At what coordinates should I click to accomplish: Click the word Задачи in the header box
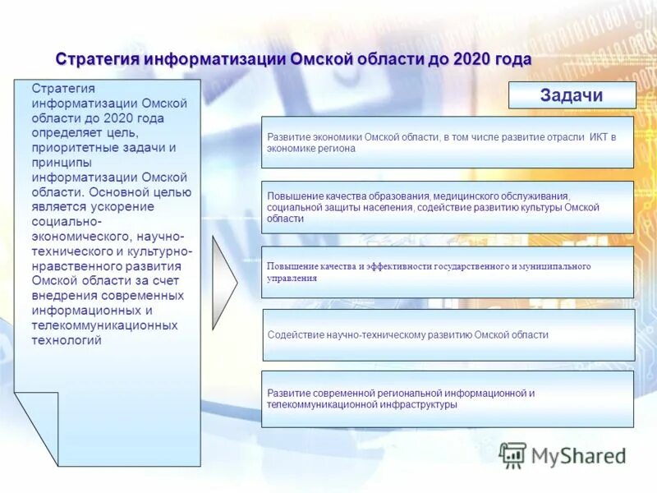[572, 95]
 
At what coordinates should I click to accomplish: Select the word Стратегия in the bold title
[98, 60]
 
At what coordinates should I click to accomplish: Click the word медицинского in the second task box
[464, 196]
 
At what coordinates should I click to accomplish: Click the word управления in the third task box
[292, 279]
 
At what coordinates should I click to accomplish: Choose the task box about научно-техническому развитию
[448, 335]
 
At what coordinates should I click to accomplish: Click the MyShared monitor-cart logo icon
[513, 454]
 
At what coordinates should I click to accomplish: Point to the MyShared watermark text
[578, 455]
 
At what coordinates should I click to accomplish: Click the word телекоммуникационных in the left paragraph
[104, 325]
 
